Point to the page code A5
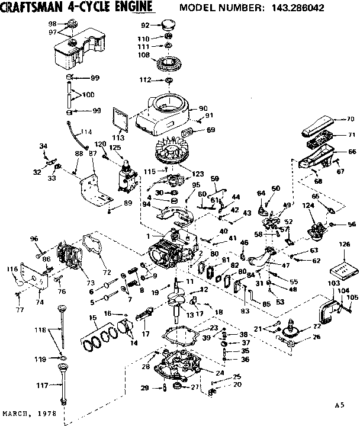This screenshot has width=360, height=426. click(x=339, y=406)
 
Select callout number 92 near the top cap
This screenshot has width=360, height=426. click(x=144, y=25)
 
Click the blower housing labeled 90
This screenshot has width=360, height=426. click(x=166, y=113)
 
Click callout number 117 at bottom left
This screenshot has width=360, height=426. click(x=41, y=386)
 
